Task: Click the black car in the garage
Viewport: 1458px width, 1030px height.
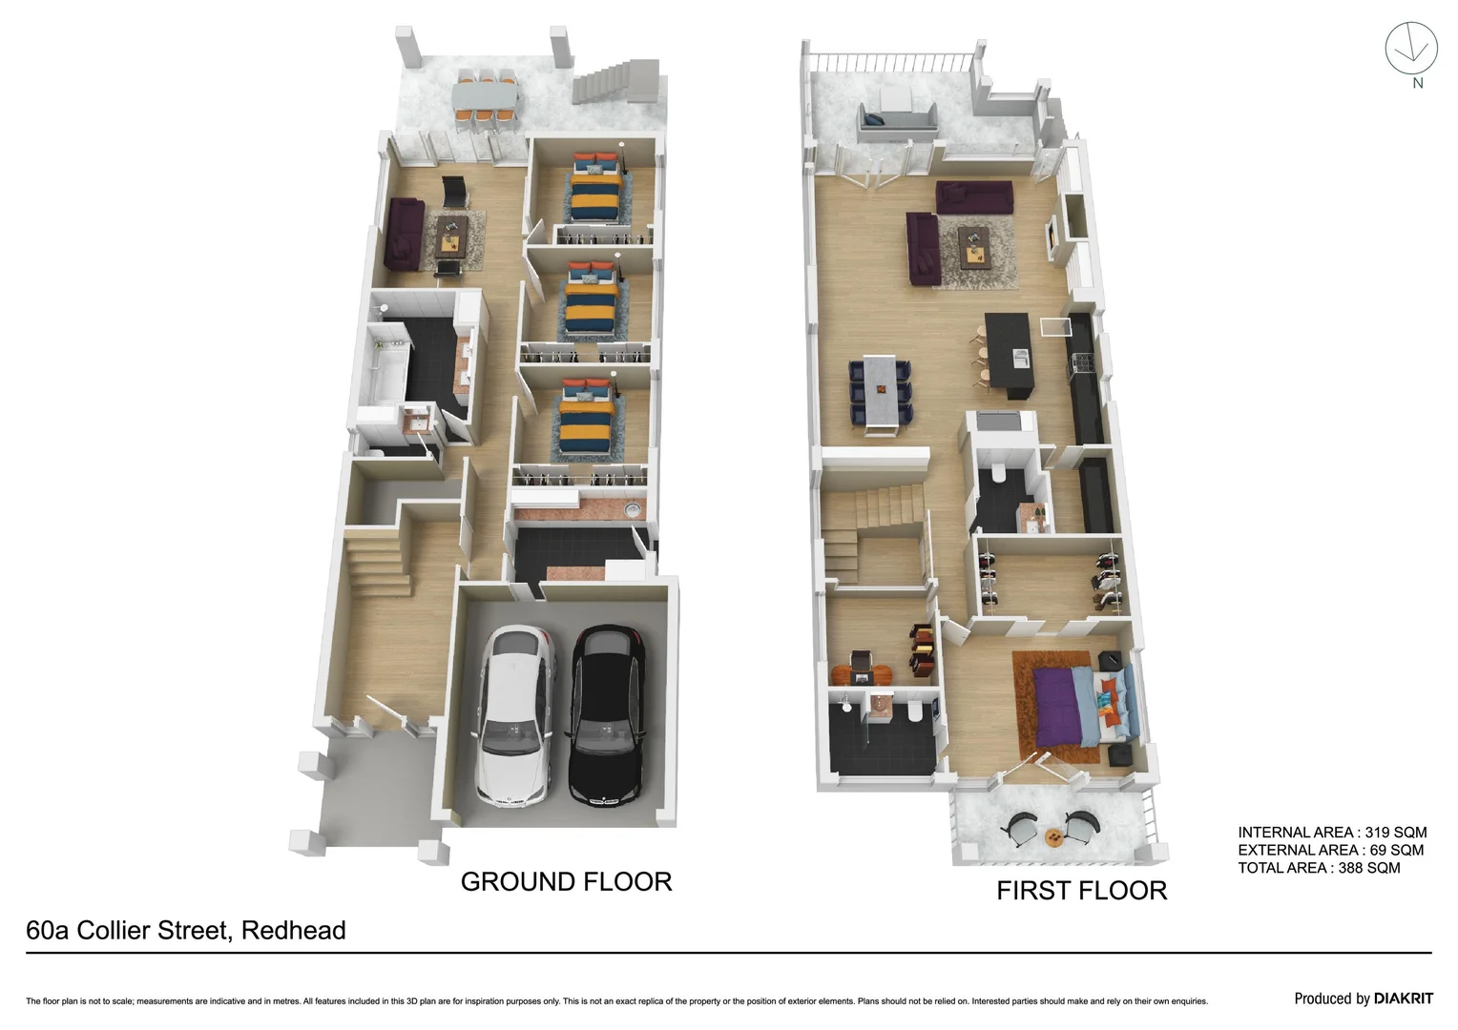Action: click(x=607, y=715)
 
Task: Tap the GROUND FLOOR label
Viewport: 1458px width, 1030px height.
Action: click(x=566, y=881)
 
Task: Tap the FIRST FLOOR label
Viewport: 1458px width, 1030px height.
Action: click(x=1081, y=890)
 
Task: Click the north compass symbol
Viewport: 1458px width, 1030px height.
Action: click(x=1411, y=50)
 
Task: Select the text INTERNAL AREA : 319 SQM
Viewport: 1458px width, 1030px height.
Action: click(x=1332, y=832)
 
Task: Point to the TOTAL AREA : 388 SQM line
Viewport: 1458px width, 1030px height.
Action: click(x=1319, y=867)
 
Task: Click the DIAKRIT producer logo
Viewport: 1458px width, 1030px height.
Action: click(x=1403, y=999)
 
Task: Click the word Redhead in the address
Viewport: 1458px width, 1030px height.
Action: click(x=293, y=930)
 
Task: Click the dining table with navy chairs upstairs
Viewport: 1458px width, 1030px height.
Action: click(x=881, y=391)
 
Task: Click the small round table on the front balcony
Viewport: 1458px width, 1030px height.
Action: click(x=1053, y=837)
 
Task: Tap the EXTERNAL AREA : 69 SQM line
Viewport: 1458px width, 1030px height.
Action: click(x=1330, y=850)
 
